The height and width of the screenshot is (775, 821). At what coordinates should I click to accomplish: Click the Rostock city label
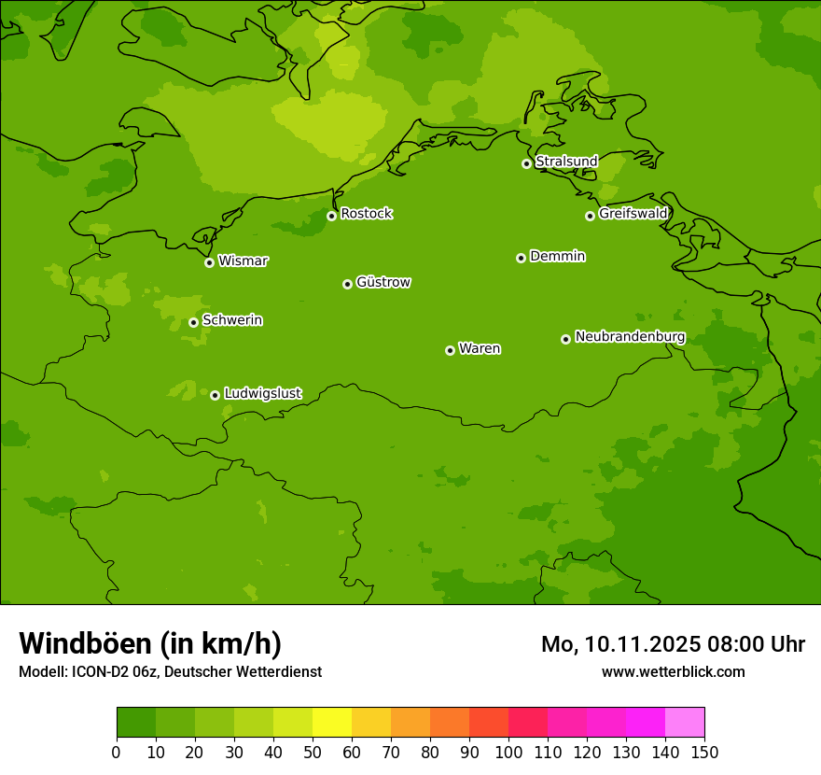366,214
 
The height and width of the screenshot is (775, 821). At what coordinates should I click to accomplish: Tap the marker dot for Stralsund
526,163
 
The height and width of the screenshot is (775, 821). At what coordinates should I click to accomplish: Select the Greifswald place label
633,214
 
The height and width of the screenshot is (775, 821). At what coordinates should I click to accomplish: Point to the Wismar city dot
209,262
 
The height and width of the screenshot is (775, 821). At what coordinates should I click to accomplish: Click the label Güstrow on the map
383,282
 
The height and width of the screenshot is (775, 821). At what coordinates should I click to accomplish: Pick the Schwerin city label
232,320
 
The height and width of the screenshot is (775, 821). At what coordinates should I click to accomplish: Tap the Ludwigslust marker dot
215,395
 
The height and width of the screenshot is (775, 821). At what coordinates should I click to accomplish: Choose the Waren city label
480,349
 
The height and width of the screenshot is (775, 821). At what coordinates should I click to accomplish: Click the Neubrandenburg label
630,337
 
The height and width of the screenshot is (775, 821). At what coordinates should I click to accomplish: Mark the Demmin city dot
521,258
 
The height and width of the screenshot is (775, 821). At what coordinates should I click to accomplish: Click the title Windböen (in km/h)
150,643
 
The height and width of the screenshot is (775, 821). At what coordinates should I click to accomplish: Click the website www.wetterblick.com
673,672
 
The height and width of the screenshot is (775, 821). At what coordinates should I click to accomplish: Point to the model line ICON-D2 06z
121,672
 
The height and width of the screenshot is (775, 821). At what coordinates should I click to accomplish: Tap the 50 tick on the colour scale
313,752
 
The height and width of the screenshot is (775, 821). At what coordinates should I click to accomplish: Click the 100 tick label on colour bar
508,752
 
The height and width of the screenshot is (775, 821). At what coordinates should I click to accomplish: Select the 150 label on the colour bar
704,752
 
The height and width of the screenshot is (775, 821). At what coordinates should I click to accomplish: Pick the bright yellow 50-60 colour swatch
332,723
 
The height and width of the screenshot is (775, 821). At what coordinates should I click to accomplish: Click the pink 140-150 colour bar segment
685,723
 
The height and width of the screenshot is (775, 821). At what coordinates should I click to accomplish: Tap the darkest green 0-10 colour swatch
136,723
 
